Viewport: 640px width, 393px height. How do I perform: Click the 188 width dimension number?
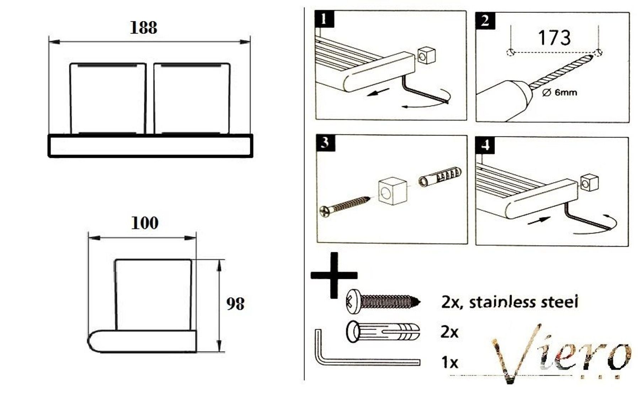click(143, 28)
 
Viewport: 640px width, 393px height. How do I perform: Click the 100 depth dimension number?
click(145, 223)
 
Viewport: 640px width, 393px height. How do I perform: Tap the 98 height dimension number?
click(235, 304)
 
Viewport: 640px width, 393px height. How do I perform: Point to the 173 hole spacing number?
click(554, 38)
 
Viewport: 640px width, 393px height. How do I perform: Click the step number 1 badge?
click(324, 19)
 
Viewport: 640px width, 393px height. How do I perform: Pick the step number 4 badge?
click(485, 145)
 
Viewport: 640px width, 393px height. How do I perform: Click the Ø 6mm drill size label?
click(560, 93)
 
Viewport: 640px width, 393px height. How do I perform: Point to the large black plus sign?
click(334, 275)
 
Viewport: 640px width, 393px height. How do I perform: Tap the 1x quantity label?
click(449, 362)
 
